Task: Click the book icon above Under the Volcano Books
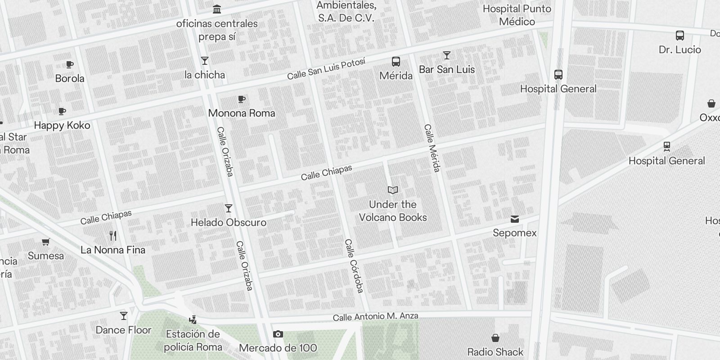pyautogui.click(x=393, y=190)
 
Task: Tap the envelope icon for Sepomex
pyautogui.click(x=515, y=219)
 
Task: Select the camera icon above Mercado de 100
pyautogui.click(x=278, y=334)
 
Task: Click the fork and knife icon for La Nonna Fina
pyautogui.click(x=113, y=236)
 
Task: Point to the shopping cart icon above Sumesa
pyautogui.click(x=45, y=242)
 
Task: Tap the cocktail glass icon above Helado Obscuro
pyautogui.click(x=229, y=208)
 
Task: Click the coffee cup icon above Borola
pyautogui.click(x=70, y=65)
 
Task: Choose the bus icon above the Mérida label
pyautogui.click(x=396, y=62)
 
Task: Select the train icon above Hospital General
pyautogui.click(x=666, y=147)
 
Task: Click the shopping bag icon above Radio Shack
pyautogui.click(x=495, y=338)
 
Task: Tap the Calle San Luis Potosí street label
pyautogui.click(x=326, y=69)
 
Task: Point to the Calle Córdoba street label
pyautogui.click(x=354, y=266)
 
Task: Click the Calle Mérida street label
pyautogui.click(x=432, y=148)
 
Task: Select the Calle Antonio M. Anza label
pyautogui.click(x=375, y=317)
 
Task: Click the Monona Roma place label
pyautogui.click(x=242, y=113)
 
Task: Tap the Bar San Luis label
pyautogui.click(x=447, y=69)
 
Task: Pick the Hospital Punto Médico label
pyautogui.click(x=517, y=15)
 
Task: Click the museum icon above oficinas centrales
pyautogui.click(x=217, y=9)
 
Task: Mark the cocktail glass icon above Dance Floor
pyautogui.click(x=124, y=316)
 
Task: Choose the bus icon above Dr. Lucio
pyautogui.click(x=680, y=36)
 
